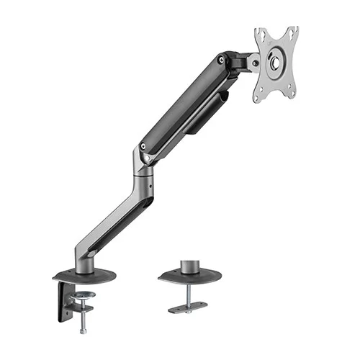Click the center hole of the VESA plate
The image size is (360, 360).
click(276, 63)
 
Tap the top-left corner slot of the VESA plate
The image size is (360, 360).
click(260, 35)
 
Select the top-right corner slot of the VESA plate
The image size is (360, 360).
click(293, 32)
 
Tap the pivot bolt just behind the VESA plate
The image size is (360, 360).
click(253, 63)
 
